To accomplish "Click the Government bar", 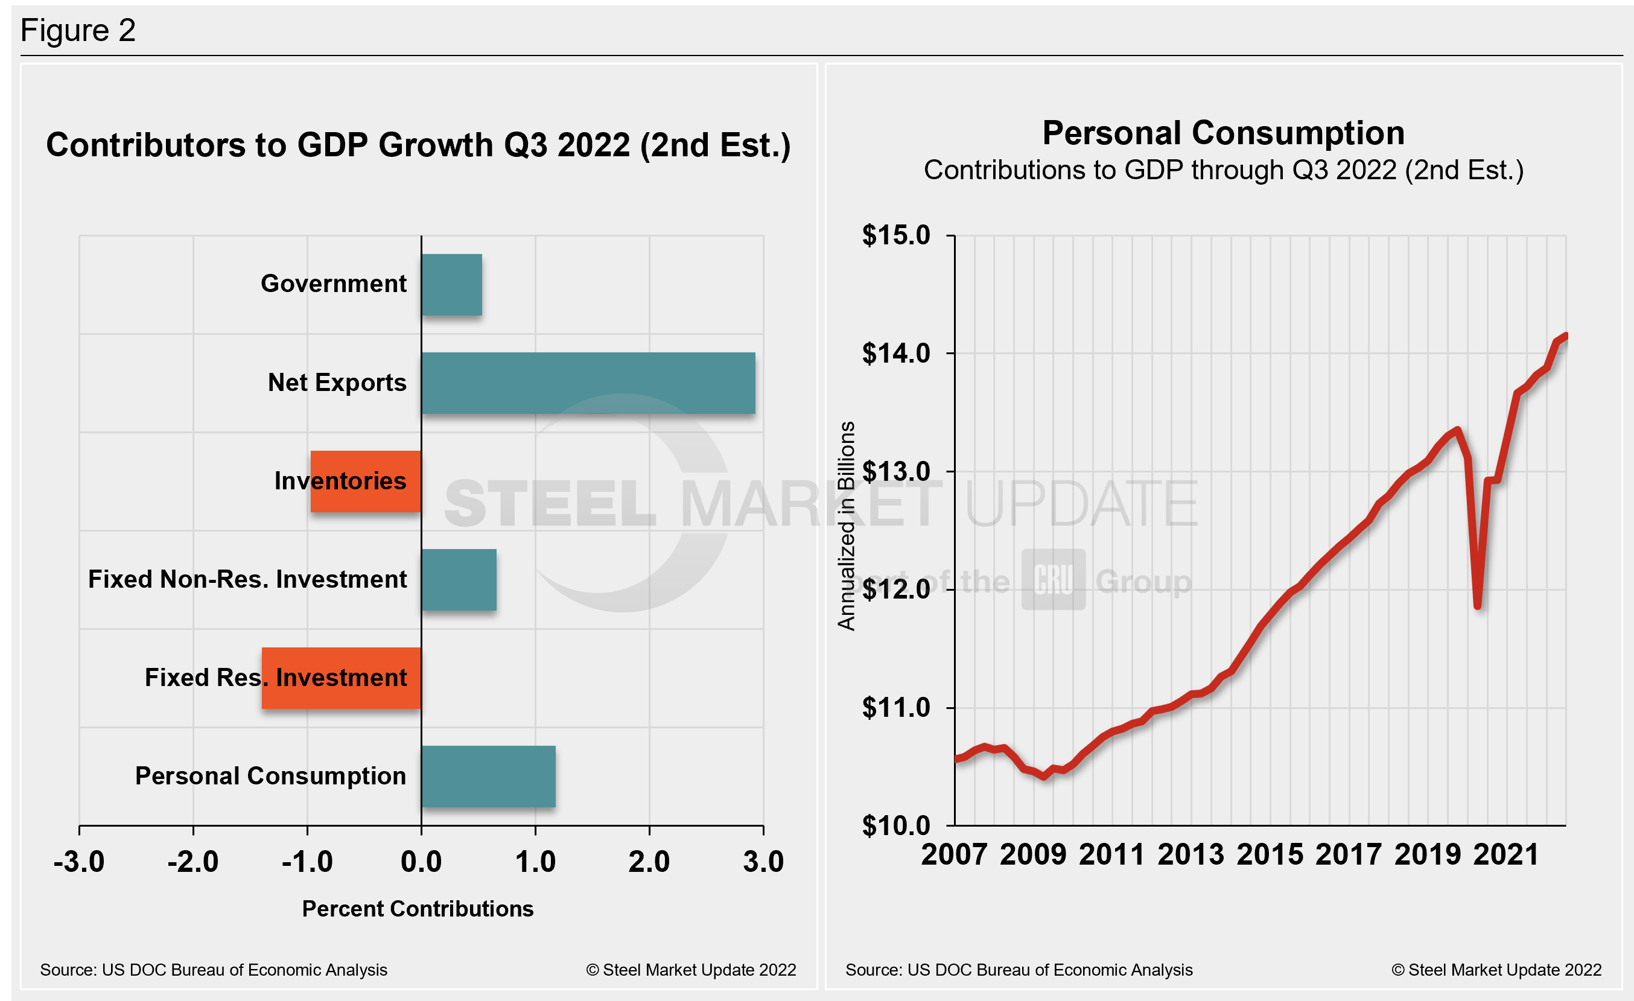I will point(451,284).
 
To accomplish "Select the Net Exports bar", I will point(588,383).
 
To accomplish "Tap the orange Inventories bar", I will point(366,481).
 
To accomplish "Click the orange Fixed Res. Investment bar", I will point(341,678).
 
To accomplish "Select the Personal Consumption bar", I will point(488,777).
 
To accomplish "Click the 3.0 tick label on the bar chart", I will point(763,862).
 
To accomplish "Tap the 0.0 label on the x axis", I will point(421,862).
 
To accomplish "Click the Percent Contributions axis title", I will point(418,909).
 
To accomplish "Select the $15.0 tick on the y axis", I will point(896,235).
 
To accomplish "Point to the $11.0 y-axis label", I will point(896,708).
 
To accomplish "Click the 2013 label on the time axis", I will point(1191,854).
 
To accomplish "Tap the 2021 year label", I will point(1506,854).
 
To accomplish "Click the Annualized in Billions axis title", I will point(847,526).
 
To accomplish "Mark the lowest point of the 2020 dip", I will point(1478,606).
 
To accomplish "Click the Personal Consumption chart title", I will point(1224,133).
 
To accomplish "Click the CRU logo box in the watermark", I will point(1053,579).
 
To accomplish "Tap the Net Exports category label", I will point(337,383).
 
